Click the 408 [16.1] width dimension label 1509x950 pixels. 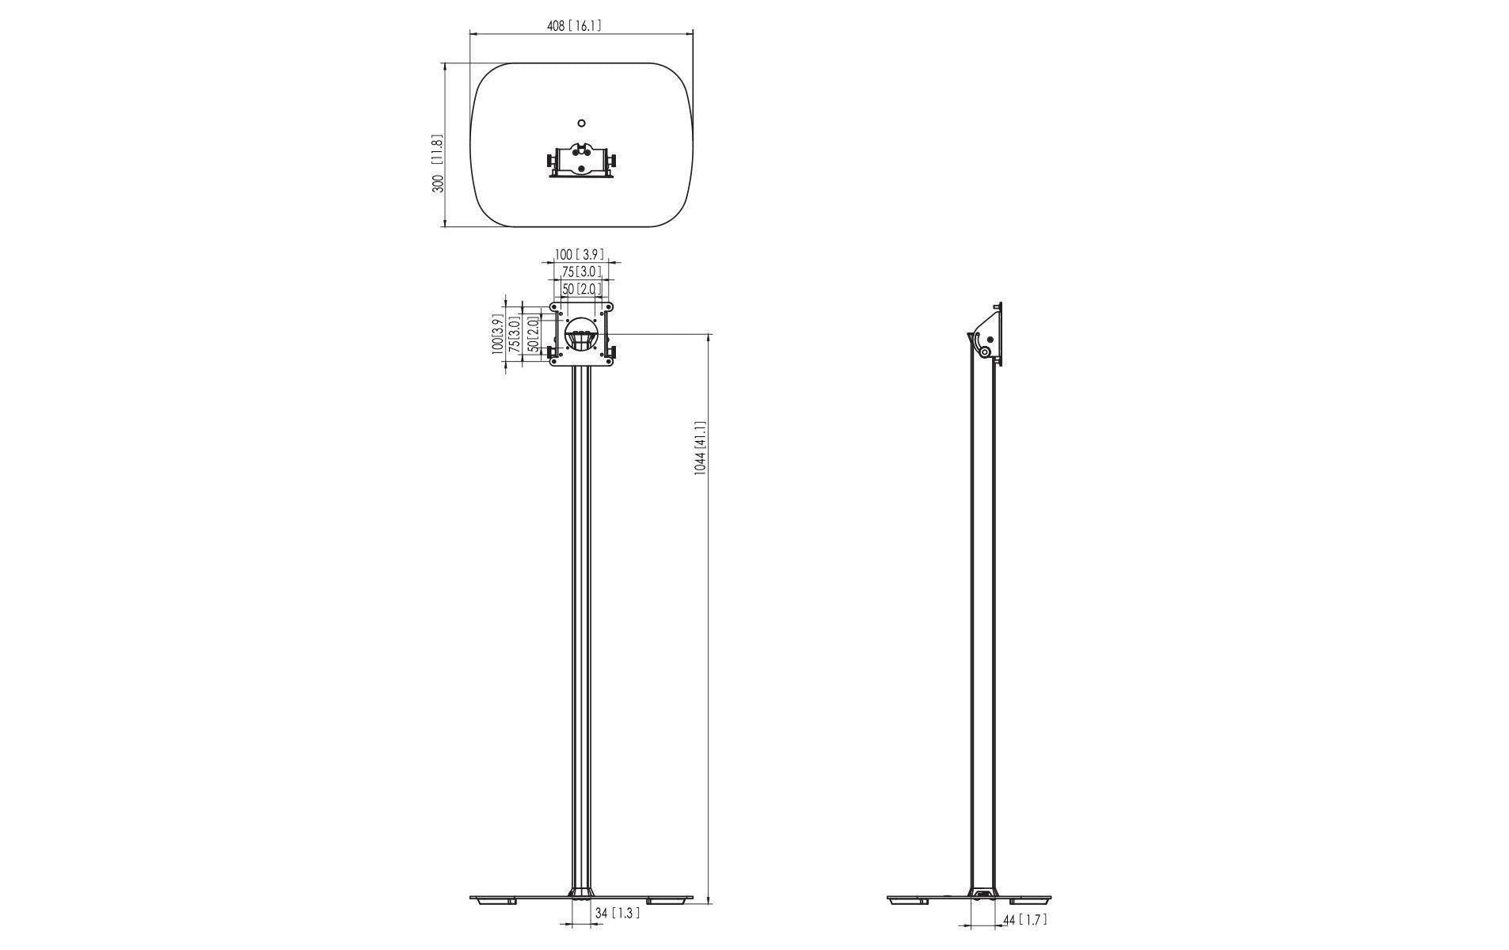click(574, 25)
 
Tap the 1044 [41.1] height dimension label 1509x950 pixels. click(700, 447)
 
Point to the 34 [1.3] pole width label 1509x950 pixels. click(617, 913)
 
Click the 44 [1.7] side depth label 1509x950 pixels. click(1025, 920)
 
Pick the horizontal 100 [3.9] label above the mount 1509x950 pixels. click(579, 255)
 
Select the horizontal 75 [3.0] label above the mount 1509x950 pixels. click(582, 272)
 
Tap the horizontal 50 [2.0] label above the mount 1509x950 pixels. click(582, 289)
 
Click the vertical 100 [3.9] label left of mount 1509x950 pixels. click(497, 334)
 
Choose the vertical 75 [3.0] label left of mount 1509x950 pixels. click(515, 335)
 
